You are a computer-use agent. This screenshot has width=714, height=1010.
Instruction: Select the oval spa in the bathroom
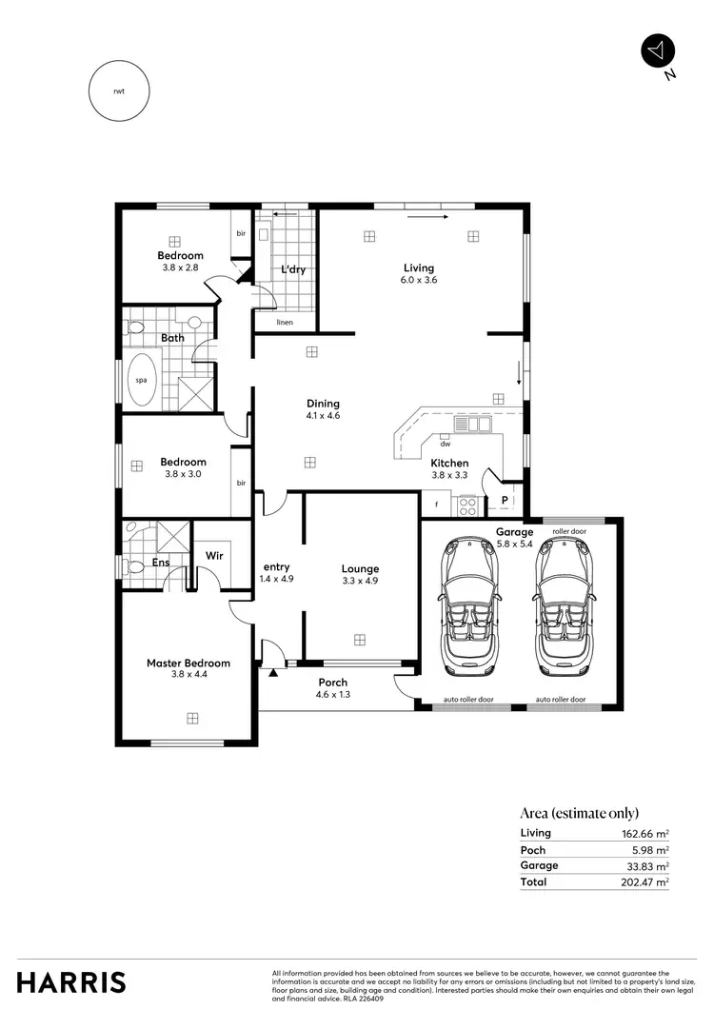(142, 380)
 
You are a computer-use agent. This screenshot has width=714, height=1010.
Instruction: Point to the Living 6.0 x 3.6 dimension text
(418, 280)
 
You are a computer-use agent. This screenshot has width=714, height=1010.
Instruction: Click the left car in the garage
(467, 605)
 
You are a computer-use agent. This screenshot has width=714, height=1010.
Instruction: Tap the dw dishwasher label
(445, 443)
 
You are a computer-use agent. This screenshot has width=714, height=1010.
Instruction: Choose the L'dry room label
(292, 269)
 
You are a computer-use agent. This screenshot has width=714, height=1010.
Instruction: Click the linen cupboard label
(285, 323)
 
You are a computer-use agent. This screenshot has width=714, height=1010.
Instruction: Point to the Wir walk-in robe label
(213, 554)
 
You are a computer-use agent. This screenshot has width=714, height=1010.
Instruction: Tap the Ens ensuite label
(161, 563)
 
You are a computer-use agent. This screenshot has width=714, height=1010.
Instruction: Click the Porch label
(332, 683)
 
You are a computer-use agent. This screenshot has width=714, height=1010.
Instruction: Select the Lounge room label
(360, 569)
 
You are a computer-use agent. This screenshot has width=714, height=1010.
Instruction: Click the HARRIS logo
(70, 981)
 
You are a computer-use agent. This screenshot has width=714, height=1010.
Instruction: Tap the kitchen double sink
(471, 425)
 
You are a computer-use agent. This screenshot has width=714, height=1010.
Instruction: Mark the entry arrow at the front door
(274, 673)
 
